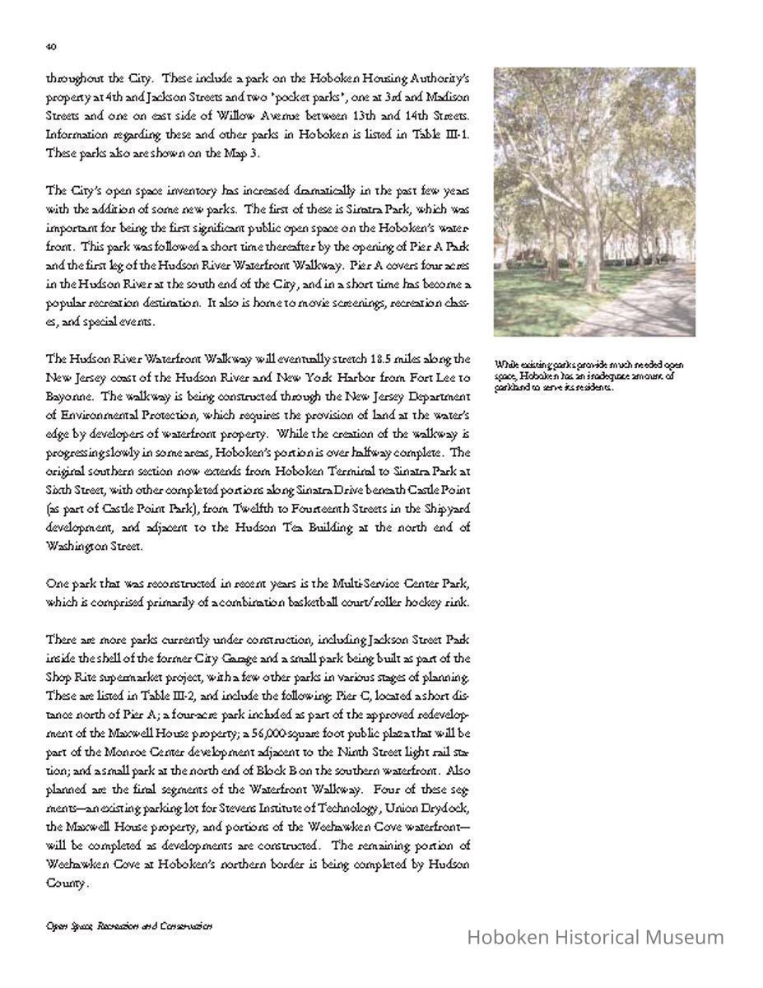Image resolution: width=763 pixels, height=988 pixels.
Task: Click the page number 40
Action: click(50, 47)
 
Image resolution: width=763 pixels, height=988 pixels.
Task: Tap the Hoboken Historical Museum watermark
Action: click(595, 937)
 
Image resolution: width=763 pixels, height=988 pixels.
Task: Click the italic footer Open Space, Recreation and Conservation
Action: click(129, 926)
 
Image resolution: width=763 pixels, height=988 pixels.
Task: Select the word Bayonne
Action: click(67, 397)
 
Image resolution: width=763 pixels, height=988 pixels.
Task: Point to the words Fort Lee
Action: click(434, 379)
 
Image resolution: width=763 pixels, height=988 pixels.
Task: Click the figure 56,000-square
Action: click(323, 734)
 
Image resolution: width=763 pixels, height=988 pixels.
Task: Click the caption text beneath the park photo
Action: click(588, 375)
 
